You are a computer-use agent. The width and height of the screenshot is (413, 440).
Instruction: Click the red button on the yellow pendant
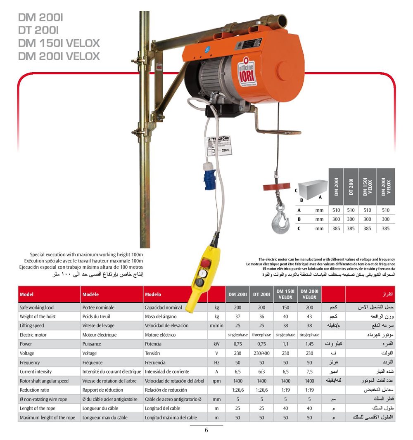click(x=205, y=263)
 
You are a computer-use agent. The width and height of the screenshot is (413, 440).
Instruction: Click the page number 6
click(x=206, y=431)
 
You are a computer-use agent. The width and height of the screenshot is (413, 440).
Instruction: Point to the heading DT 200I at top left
click(x=39, y=30)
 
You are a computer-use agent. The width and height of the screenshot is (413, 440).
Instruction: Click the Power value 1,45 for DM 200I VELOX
click(x=309, y=344)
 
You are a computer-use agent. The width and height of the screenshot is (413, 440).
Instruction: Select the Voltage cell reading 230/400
click(x=261, y=353)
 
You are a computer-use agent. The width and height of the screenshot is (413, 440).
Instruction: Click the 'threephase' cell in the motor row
click(x=261, y=335)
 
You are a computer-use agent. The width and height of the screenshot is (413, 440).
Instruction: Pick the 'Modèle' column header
click(x=90, y=295)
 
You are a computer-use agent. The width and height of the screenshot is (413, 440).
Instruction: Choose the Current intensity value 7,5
click(x=309, y=371)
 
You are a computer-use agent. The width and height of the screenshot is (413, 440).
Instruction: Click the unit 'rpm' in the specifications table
click(x=216, y=381)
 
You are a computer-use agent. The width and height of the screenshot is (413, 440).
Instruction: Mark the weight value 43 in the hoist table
click(x=309, y=317)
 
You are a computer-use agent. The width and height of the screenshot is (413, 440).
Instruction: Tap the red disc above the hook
click(x=276, y=187)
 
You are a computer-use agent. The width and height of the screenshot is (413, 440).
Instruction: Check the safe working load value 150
click(x=285, y=308)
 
